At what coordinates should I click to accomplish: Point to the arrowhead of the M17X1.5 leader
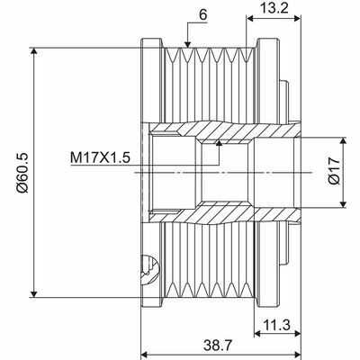(x=220, y=142)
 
